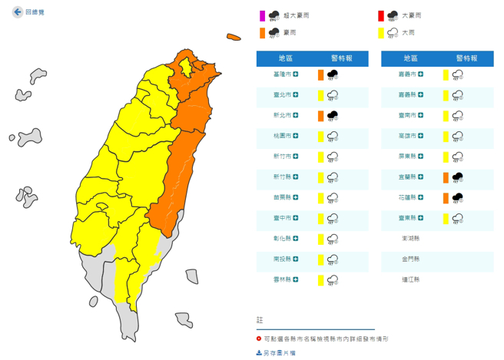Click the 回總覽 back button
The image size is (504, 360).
click(x=29, y=12)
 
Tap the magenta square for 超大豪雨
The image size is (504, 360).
click(x=262, y=15)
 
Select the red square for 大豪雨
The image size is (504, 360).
click(x=381, y=15)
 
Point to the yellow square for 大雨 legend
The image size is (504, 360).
click(x=381, y=33)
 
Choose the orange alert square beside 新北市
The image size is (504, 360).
click(x=320, y=115)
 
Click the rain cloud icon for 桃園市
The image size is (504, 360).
click(x=333, y=136)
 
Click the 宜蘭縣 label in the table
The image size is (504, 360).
click(x=409, y=177)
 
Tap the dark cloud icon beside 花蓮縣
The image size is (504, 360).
click(x=457, y=197)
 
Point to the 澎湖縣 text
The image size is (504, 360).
click(x=411, y=238)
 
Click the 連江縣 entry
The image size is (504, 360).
click(x=411, y=279)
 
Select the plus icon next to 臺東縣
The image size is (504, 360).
click(x=423, y=218)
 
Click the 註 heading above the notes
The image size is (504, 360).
click(x=260, y=319)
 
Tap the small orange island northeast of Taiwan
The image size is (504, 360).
click(x=234, y=36)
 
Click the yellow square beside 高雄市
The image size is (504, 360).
click(x=445, y=136)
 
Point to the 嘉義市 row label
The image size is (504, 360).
click(x=409, y=74)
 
